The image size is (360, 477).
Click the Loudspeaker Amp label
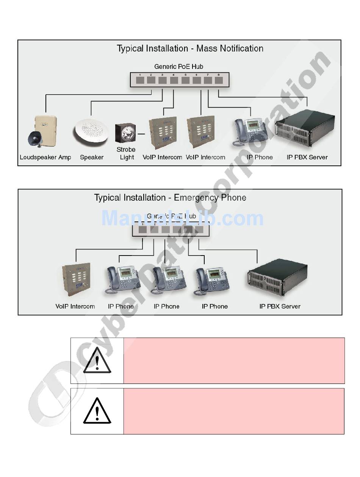click(45, 157)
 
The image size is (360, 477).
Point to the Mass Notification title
click(190, 48)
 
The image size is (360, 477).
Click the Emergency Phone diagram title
click(170, 198)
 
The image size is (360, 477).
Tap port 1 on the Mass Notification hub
click(140, 80)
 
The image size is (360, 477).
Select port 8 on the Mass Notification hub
click(219, 80)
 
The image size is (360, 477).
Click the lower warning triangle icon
click(97, 411)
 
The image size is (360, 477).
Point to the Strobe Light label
click(126, 153)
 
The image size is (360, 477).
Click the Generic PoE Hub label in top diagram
click(178, 67)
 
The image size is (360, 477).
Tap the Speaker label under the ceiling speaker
click(92, 157)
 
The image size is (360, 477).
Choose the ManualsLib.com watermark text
click(182, 218)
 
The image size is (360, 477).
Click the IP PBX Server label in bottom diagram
click(280, 306)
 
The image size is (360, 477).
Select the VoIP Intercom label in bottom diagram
click(75, 306)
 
